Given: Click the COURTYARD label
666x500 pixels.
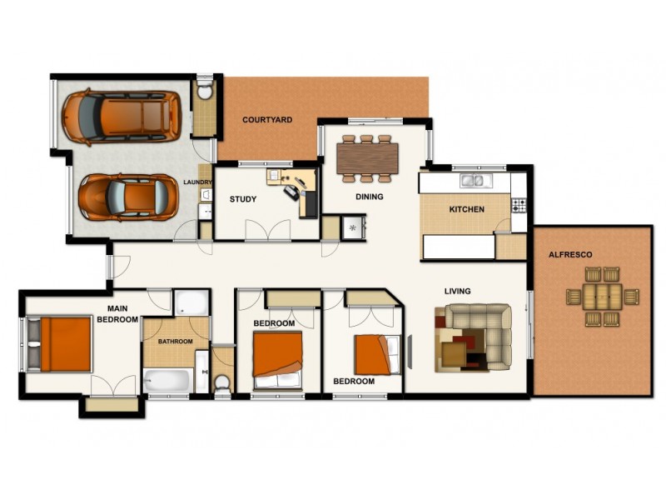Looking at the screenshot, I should click(267, 120).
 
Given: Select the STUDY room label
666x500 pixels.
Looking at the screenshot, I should click(243, 199).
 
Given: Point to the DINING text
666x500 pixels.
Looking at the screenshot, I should click(369, 197).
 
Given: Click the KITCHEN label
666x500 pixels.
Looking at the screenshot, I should click(466, 209).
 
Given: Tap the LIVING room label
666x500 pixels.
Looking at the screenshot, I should click(458, 291).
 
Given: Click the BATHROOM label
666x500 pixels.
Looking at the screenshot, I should click(176, 342).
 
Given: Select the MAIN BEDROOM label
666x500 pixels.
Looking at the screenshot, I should click(117, 313).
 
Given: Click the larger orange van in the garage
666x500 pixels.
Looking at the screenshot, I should click(122, 115).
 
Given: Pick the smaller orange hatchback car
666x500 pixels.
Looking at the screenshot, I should click(117, 197).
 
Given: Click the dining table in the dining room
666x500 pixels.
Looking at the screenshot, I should click(367, 157).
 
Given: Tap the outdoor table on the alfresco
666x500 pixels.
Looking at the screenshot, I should click(601, 296).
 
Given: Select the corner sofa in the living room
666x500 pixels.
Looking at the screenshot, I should click(475, 333).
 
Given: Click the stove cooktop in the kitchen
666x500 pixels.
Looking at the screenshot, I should click(519, 203).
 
